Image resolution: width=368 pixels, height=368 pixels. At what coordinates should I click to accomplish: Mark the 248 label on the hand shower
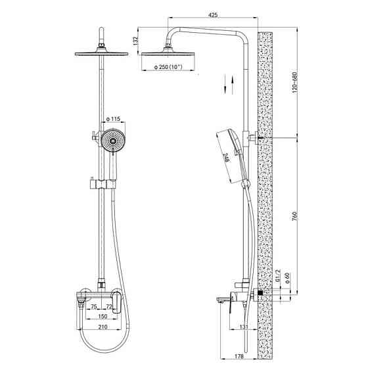[x=225, y=158]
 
